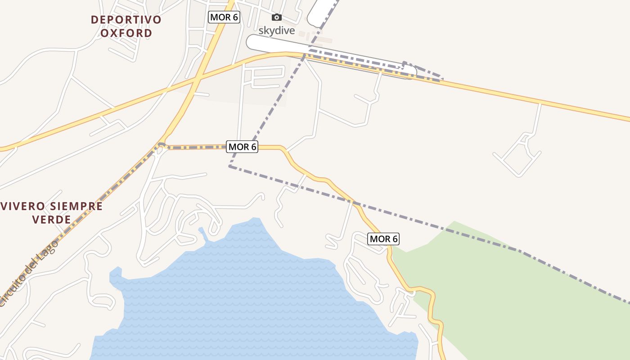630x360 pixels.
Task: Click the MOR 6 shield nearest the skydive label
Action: pos(224,18)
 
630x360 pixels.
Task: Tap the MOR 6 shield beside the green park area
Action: pos(383,239)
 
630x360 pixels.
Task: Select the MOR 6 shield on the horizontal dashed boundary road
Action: pos(243,147)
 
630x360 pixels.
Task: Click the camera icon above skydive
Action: pos(277,18)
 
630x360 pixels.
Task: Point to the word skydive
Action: pos(276,31)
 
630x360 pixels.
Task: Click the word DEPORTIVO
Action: pos(126,20)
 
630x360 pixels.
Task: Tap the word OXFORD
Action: pos(126,33)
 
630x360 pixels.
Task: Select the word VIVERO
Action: pos(23,207)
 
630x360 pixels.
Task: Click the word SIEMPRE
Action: pos(76,207)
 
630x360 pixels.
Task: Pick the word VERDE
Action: pos(52,220)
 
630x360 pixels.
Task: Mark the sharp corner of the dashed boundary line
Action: pos(230,166)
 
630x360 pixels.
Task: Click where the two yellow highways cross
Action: pos(197,80)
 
